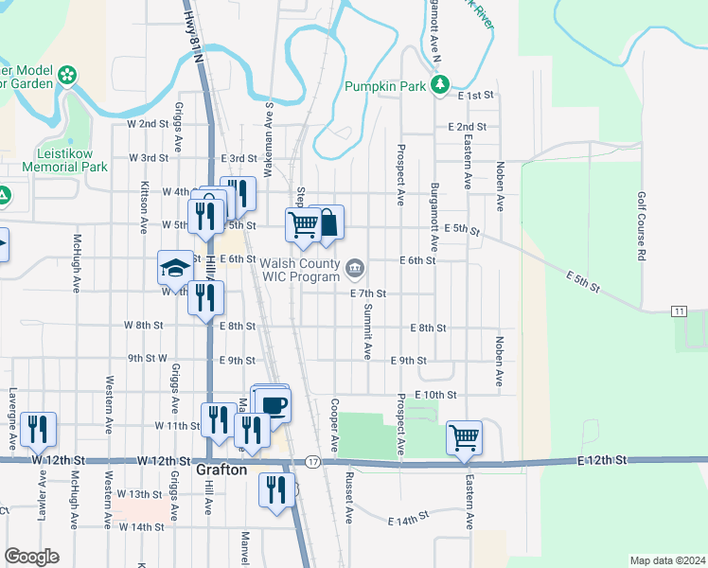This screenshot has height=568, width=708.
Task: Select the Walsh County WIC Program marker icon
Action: click(x=355, y=269)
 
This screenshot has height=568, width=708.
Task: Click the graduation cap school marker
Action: click(x=175, y=269)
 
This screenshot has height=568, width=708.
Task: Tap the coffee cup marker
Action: click(x=274, y=405)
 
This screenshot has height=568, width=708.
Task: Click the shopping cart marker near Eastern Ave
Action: click(x=464, y=437)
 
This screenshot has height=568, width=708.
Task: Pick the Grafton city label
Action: click(x=221, y=470)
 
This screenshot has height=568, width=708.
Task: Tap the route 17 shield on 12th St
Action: click(x=312, y=461)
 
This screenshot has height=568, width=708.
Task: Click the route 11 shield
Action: click(x=679, y=311)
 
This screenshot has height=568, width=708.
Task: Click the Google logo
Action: click(x=31, y=557)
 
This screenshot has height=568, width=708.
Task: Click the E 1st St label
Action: click(x=477, y=96)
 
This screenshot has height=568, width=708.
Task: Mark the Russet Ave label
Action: click(x=348, y=498)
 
